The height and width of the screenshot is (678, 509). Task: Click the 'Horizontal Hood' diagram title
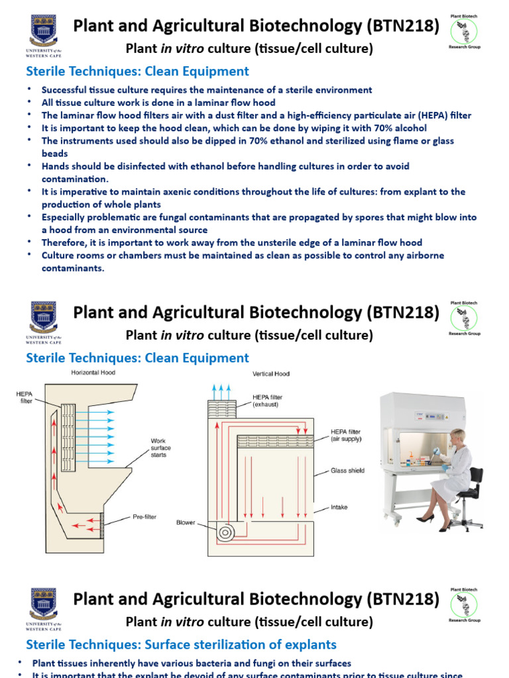click(x=93, y=373)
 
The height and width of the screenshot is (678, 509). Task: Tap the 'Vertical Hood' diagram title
click(x=267, y=373)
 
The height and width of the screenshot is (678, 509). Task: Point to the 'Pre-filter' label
click(x=144, y=516)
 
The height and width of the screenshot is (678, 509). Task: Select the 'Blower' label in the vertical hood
click(x=186, y=522)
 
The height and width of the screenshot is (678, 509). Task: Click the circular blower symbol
click(x=227, y=531)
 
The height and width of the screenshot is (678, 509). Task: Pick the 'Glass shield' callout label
click(x=348, y=471)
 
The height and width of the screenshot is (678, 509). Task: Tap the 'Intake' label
click(x=339, y=507)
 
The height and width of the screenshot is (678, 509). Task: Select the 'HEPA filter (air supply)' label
click(x=346, y=434)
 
